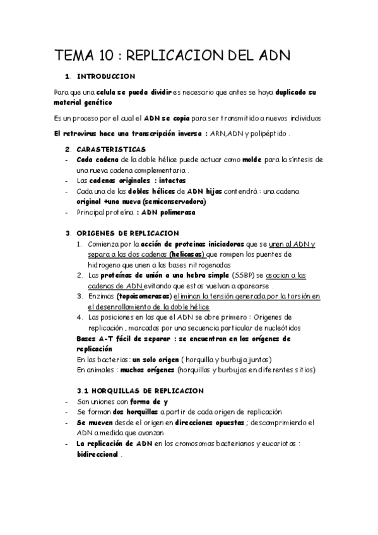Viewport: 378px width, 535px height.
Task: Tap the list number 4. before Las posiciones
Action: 80,317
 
